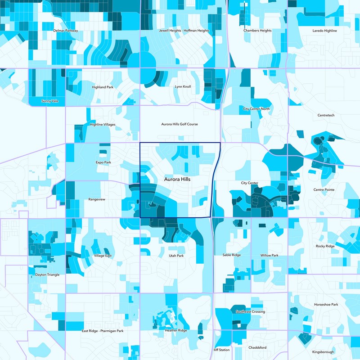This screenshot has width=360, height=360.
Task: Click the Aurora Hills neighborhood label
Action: click(177, 179)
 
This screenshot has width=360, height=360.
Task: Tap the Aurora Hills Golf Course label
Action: click(180, 124)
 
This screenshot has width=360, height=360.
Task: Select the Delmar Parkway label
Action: click(66, 31)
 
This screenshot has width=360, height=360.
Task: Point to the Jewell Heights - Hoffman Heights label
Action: click(184, 31)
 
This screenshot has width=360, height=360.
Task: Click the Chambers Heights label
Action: click(257, 31)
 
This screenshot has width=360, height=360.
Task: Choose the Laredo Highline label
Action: click(324, 31)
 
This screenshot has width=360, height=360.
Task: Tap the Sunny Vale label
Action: click(49, 101)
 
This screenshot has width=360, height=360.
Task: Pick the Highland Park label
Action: click(103, 87)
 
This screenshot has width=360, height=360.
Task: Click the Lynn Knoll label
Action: click(183, 86)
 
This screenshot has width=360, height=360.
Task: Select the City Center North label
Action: click(256, 109)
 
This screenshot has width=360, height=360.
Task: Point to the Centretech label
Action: click(326, 115)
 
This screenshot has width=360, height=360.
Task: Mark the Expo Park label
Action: click(103, 162)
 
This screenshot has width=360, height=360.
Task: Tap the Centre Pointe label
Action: click(324, 190)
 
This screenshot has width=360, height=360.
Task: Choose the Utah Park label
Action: click(176, 256)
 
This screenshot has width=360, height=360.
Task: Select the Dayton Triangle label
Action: click(47, 274)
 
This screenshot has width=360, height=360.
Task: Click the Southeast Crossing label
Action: click(250, 311)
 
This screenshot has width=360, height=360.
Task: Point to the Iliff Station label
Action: click(221, 350)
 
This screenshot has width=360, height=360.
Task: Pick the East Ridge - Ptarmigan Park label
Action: click(103, 331)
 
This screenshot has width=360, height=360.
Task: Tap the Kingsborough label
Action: click(323, 351)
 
